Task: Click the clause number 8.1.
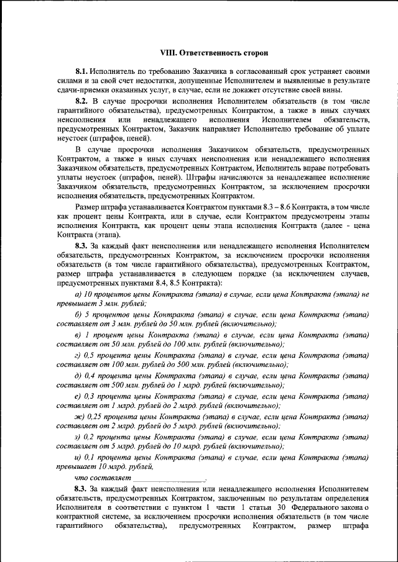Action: click(x=83, y=72)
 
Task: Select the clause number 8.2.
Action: click(x=83, y=100)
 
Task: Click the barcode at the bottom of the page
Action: click(x=199, y=553)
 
